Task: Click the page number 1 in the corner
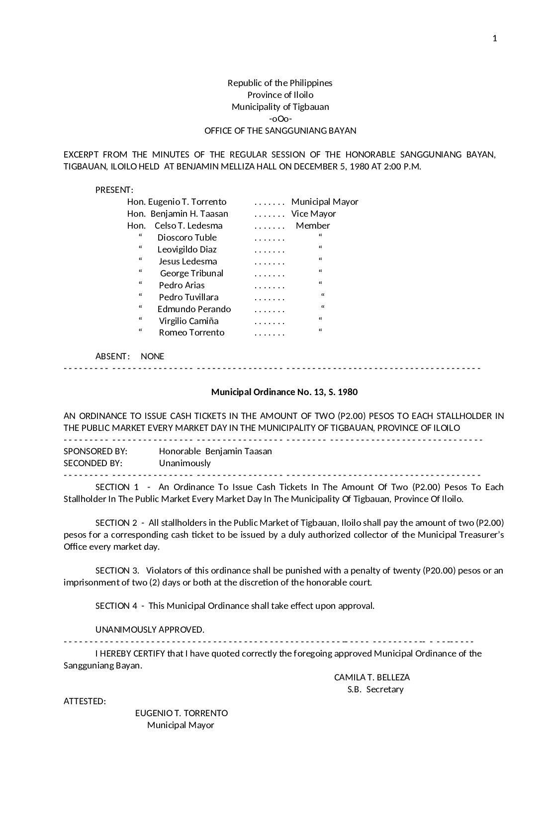[x=494, y=39]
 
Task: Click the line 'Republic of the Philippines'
[x=280, y=83]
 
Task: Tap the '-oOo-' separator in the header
[x=280, y=119]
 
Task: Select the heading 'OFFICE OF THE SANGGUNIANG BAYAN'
[x=280, y=131]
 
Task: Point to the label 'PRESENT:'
[x=114, y=190]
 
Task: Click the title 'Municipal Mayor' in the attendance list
[x=325, y=202]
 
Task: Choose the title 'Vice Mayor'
[x=313, y=214]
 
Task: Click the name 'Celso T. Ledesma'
[x=188, y=226]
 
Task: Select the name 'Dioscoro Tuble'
[x=187, y=238]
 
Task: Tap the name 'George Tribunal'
[x=191, y=273]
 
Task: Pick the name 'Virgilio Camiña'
[x=188, y=321]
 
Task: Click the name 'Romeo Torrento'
[x=191, y=332]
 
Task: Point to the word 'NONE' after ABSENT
[x=152, y=356]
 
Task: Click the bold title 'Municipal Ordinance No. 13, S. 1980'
[x=284, y=392]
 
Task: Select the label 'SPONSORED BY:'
[x=95, y=451]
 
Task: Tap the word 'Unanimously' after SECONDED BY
[x=184, y=463]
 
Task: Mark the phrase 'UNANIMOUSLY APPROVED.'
[x=150, y=630]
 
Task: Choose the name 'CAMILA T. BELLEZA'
[x=372, y=677]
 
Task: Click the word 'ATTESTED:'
[x=85, y=701]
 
